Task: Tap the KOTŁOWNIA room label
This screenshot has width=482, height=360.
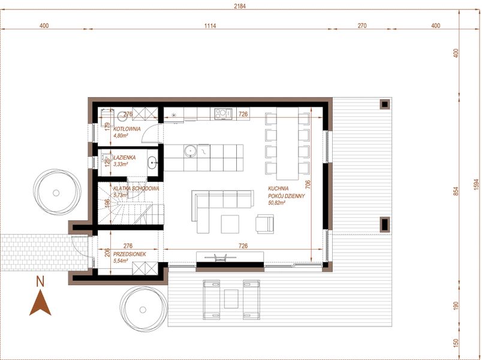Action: pyautogui.click(x=127, y=129)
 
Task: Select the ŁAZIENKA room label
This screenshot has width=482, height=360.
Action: pyautogui.click(x=124, y=157)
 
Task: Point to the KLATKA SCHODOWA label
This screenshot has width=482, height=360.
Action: pyautogui.click(x=135, y=188)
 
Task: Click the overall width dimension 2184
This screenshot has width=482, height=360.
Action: pyautogui.click(x=240, y=6)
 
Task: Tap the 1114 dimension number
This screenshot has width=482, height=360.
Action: pyautogui.click(x=209, y=26)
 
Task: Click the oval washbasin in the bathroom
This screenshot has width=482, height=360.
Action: pyautogui.click(x=152, y=161)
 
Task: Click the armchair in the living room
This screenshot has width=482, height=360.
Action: pyautogui.click(x=265, y=223)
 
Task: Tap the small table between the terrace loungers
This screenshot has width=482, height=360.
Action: pyautogui.click(x=231, y=298)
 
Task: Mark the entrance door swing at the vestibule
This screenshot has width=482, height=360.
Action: pyautogui.click(x=78, y=246)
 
